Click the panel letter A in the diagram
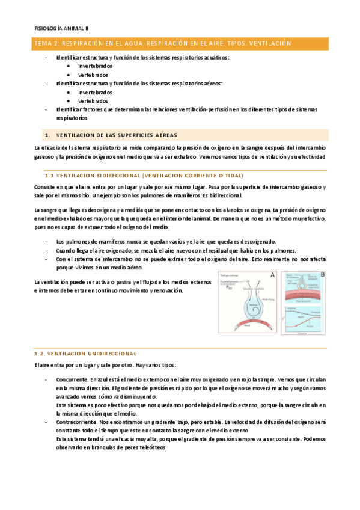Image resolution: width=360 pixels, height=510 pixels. pyautogui.click(x=272, y=275)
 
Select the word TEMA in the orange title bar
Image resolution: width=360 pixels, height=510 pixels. pyautogui.click(x=44, y=44)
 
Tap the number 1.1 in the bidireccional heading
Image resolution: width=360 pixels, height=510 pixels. pyautogui.click(x=50, y=175)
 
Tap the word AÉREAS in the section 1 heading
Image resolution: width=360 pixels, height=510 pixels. pyautogui.click(x=166, y=134)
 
